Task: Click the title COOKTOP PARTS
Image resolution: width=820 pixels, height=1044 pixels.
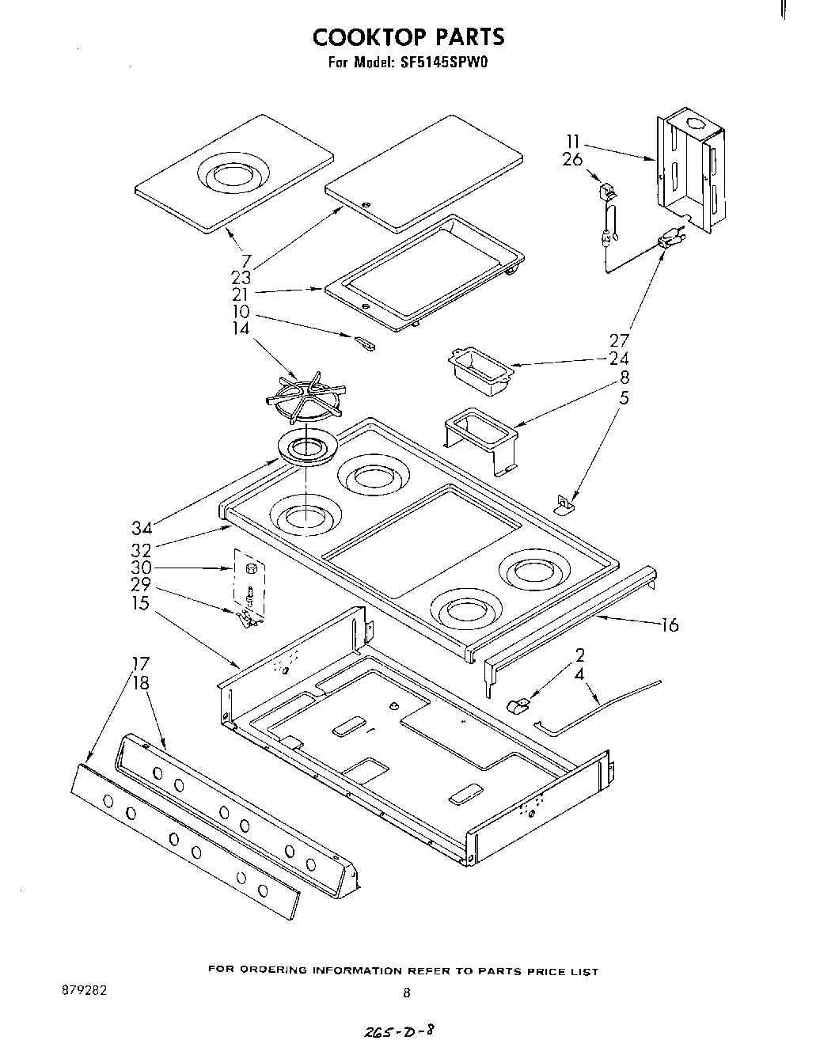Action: (x=408, y=37)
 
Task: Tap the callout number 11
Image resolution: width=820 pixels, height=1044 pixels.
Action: (x=574, y=142)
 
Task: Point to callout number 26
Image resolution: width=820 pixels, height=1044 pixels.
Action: (x=573, y=159)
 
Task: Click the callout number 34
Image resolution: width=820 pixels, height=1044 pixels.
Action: (x=142, y=527)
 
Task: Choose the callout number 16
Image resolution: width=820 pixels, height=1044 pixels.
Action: (x=670, y=625)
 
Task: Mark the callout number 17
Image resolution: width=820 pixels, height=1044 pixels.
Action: (x=139, y=663)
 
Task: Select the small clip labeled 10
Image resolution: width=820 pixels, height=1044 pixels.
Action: (x=365, y=343)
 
